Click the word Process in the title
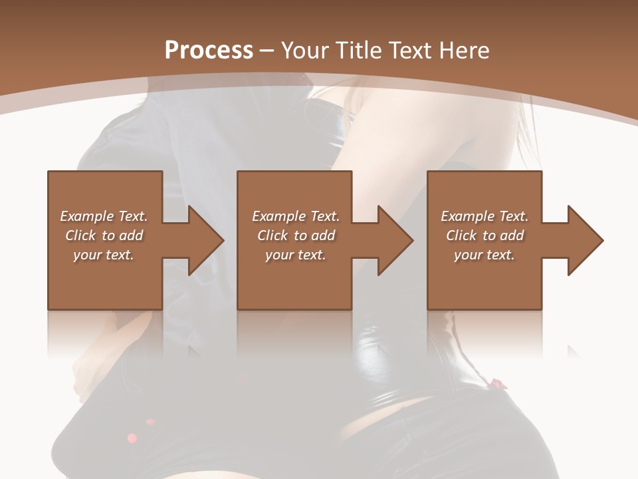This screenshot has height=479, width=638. click(209, 51)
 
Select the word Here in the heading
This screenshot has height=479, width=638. click(466, 51)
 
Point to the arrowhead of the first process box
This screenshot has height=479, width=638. click(206, 240)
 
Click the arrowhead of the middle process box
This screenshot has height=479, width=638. click(395, 240)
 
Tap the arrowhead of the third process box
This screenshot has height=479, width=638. click(585, 240)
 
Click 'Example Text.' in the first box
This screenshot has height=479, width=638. click(104, 216)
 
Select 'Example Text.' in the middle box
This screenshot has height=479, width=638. click(296, 216)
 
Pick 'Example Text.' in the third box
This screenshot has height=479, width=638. click(484, 216)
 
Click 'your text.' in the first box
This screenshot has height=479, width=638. click(104, 255)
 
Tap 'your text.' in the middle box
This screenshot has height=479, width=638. click(296, 255)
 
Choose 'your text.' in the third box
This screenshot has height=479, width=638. click(484, 255)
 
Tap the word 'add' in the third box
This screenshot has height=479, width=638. click(512, 236)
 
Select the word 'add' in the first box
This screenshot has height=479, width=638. click(131, 236)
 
